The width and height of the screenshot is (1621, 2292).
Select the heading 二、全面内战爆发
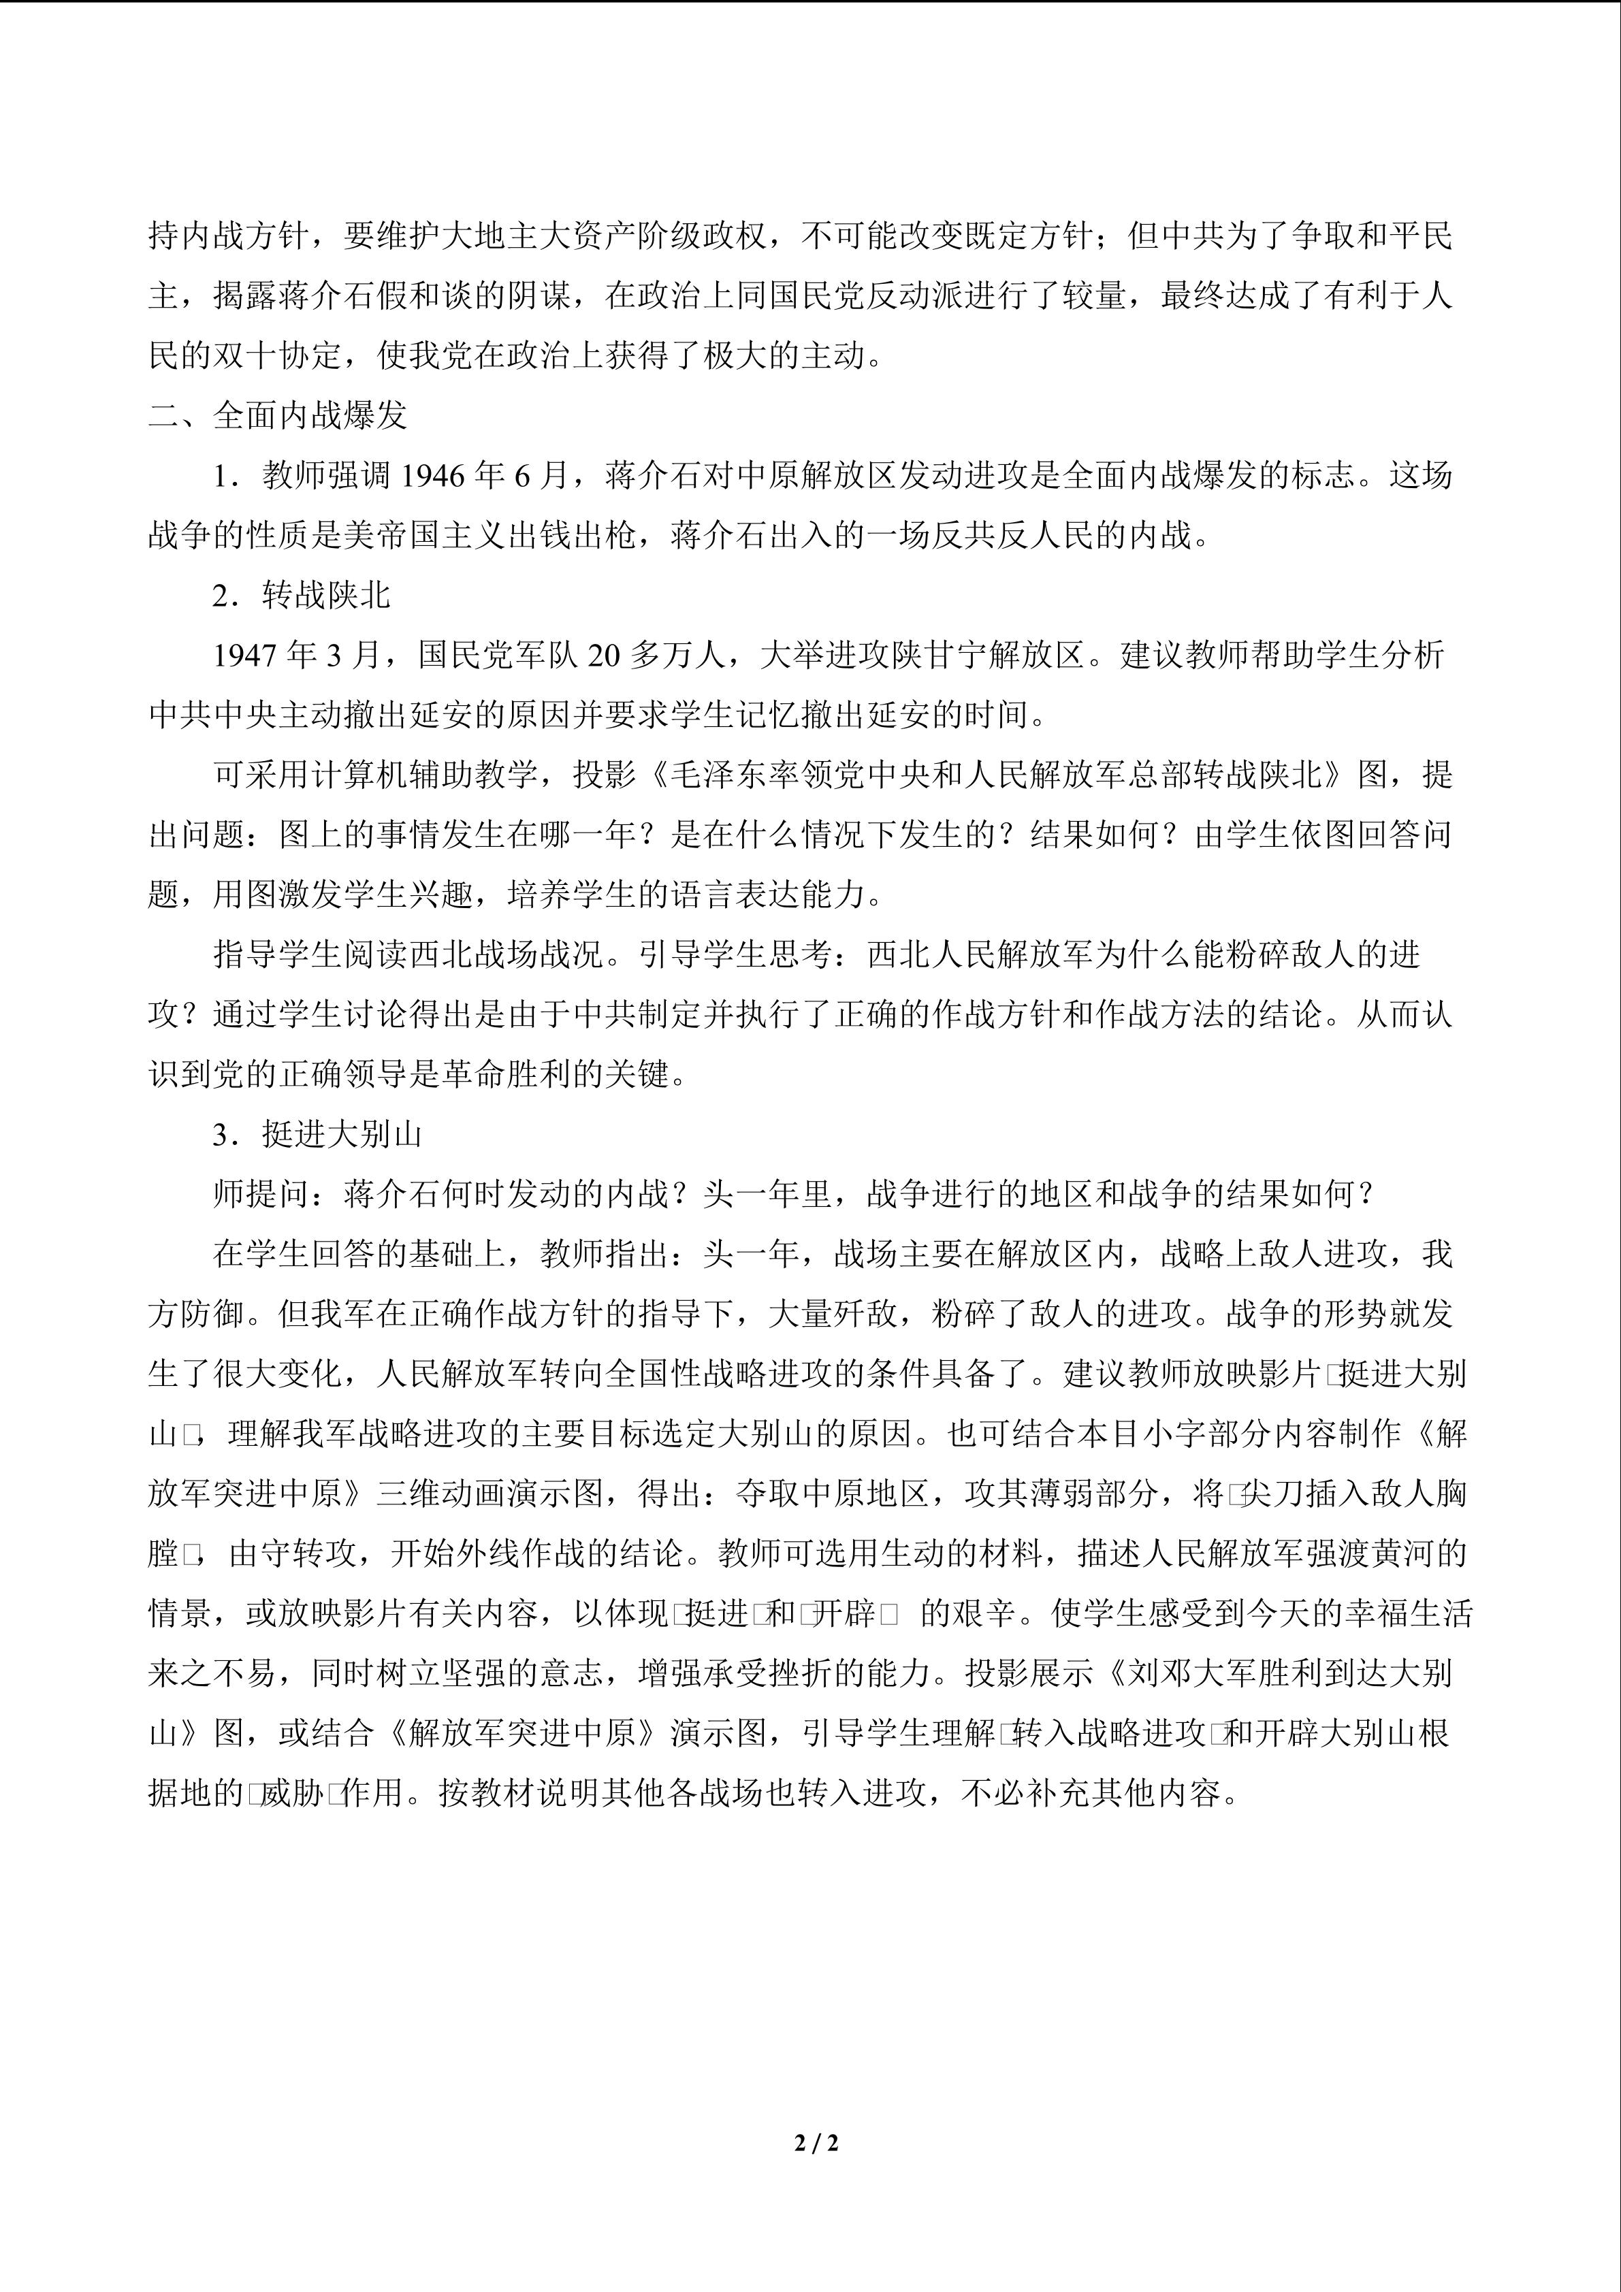point(278,415)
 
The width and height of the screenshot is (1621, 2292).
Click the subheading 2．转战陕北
point(302,596)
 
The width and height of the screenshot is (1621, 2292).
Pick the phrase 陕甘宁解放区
point(987,655)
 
